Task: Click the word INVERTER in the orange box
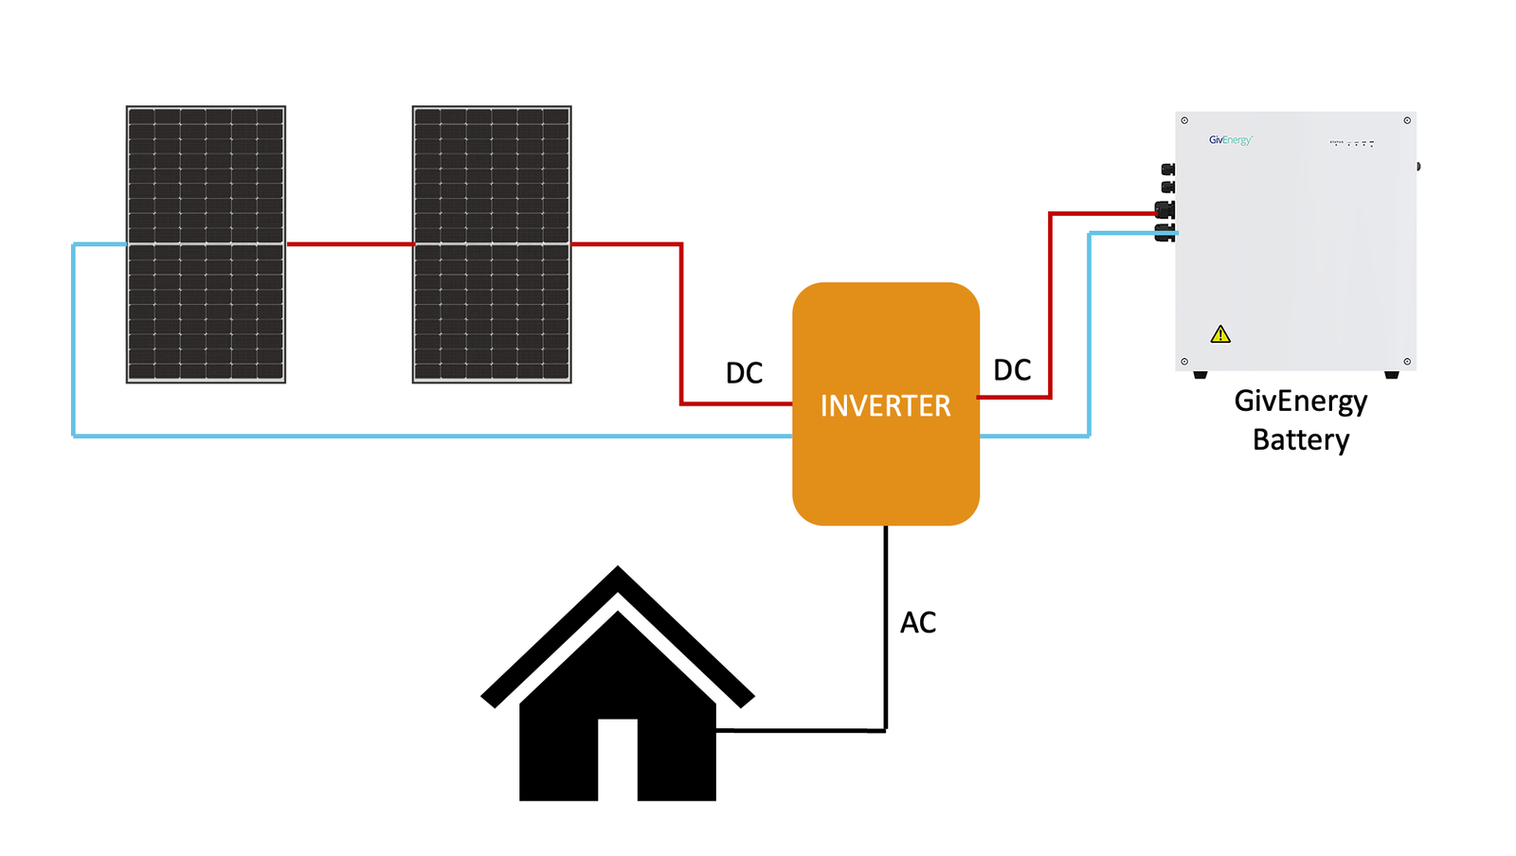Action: pos(885,405)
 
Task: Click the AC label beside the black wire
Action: pos(917,622)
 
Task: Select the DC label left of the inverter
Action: pos(744,373)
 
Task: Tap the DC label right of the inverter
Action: pos(1011,370)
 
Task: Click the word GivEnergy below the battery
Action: pos(1300,401)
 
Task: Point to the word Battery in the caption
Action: pos(1300,440)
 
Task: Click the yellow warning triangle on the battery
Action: pos(1220,334)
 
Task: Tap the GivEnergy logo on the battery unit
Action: pos(1230,140)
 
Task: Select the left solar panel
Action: pos(206,244)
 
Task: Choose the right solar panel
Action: pos(492,244)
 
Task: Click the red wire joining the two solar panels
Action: pos(349,244)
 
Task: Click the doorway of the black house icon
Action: pos(617,759)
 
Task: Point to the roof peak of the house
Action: pos(618,574)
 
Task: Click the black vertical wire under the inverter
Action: pos(886,625)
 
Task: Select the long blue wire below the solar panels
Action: pos(426,436)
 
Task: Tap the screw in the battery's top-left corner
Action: pos(1184,120)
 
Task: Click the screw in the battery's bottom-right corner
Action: pos(1407,362)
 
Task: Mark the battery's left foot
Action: pos(1200,375)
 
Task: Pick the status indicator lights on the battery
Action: pos(1353,143)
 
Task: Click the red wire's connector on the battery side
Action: pos(1164,210)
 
